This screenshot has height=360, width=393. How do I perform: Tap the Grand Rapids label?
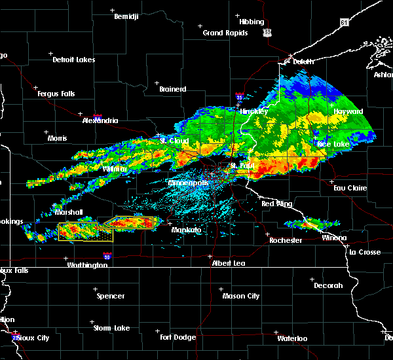pos(225,33)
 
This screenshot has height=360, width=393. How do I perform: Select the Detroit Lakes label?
pos(73,60)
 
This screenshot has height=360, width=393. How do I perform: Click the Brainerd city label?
pos(173,89)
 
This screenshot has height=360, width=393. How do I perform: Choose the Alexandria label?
pos(100,120)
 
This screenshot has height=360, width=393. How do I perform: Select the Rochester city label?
pos(286,240)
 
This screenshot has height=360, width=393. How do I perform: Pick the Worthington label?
pos(86,265)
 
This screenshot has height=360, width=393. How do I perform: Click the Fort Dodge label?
pos(178,337)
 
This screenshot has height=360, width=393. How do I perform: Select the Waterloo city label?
pos(291,338)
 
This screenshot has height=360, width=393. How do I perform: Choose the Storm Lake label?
pos(111,328)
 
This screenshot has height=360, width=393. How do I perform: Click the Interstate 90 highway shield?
pos(106,257)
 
